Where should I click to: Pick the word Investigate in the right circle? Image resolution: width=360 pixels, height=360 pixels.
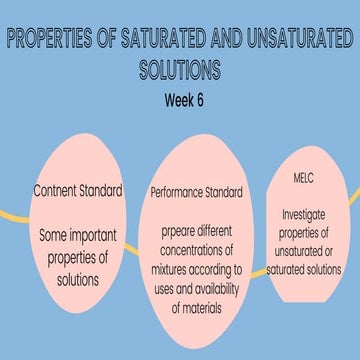(x=303, y=213)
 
